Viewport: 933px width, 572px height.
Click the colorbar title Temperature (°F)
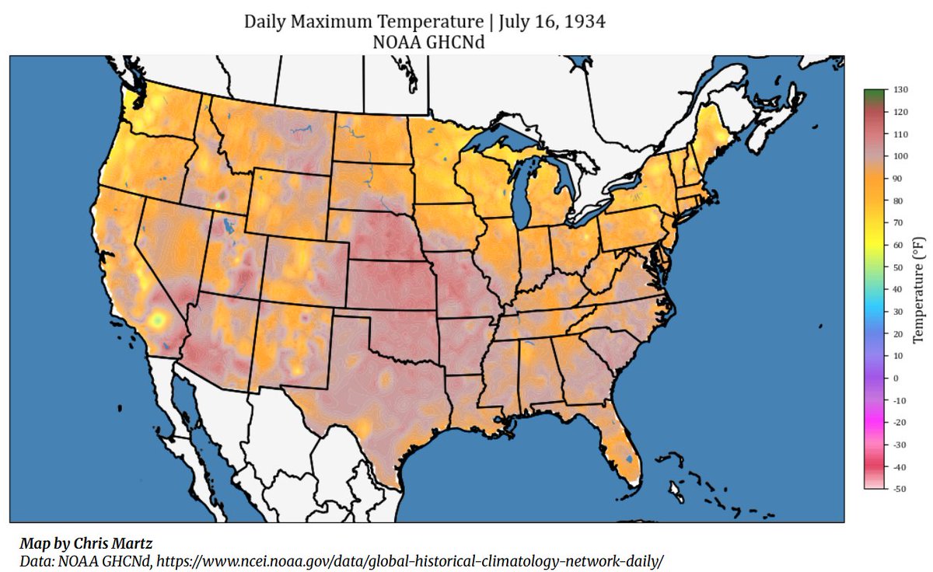click(918, 289)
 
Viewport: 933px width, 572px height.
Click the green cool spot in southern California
click(158, 319)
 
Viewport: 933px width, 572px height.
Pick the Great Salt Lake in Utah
click(226, 226)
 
